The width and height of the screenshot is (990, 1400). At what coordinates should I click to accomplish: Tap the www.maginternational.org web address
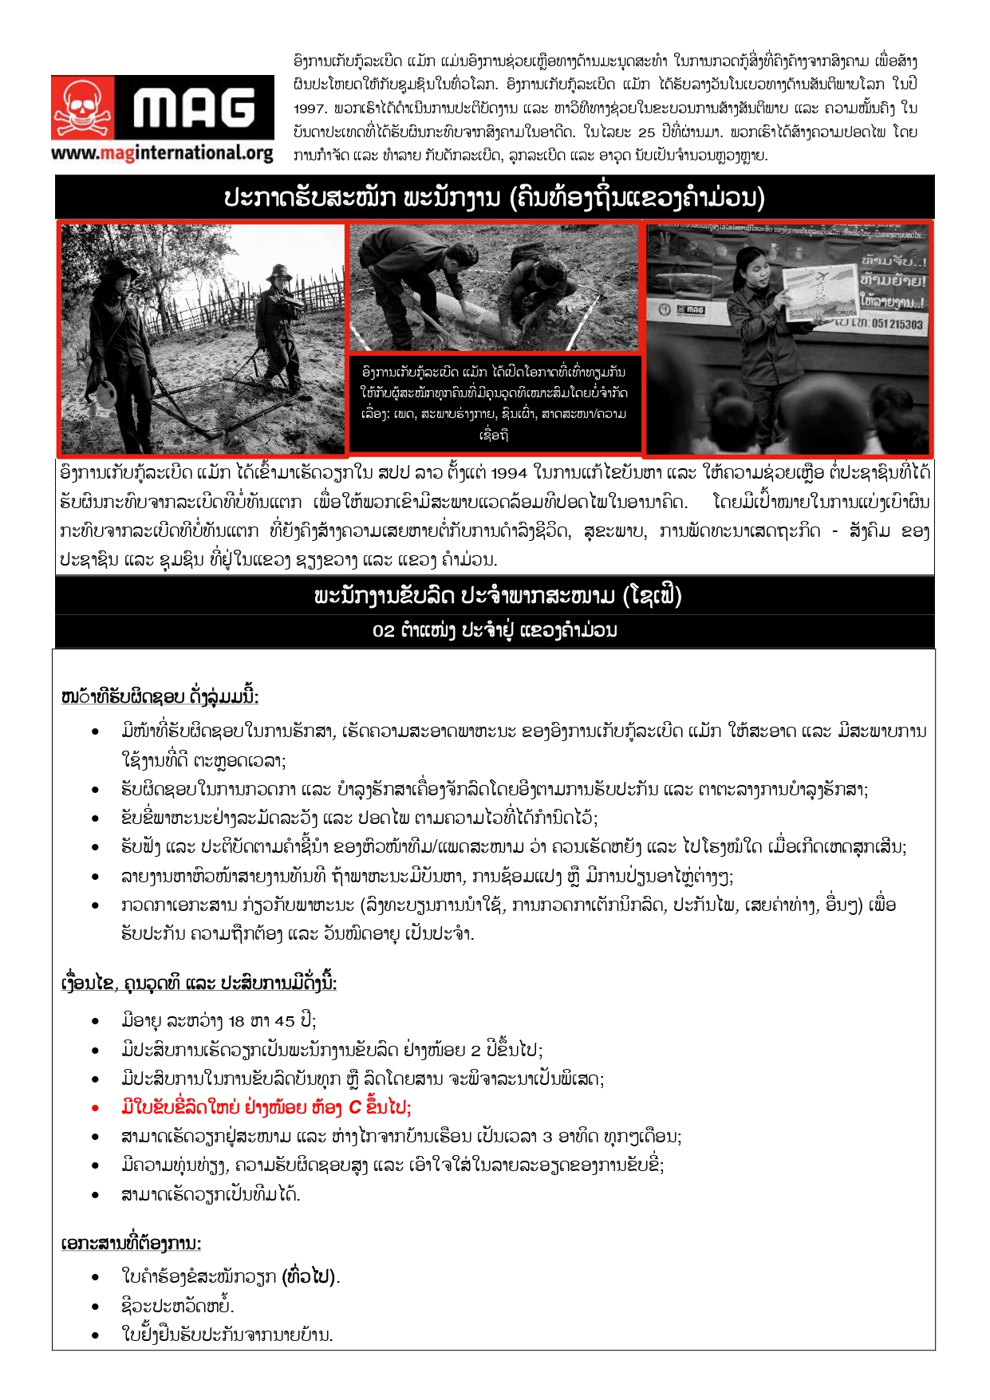[162, 152]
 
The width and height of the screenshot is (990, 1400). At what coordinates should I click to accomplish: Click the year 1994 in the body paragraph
[509, 473]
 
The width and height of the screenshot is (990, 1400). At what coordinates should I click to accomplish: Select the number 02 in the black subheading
[383, 631]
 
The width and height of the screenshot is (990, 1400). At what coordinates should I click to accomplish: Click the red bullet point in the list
[96, 1108]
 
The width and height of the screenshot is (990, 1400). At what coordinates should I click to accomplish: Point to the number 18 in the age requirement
[236, 1021]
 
